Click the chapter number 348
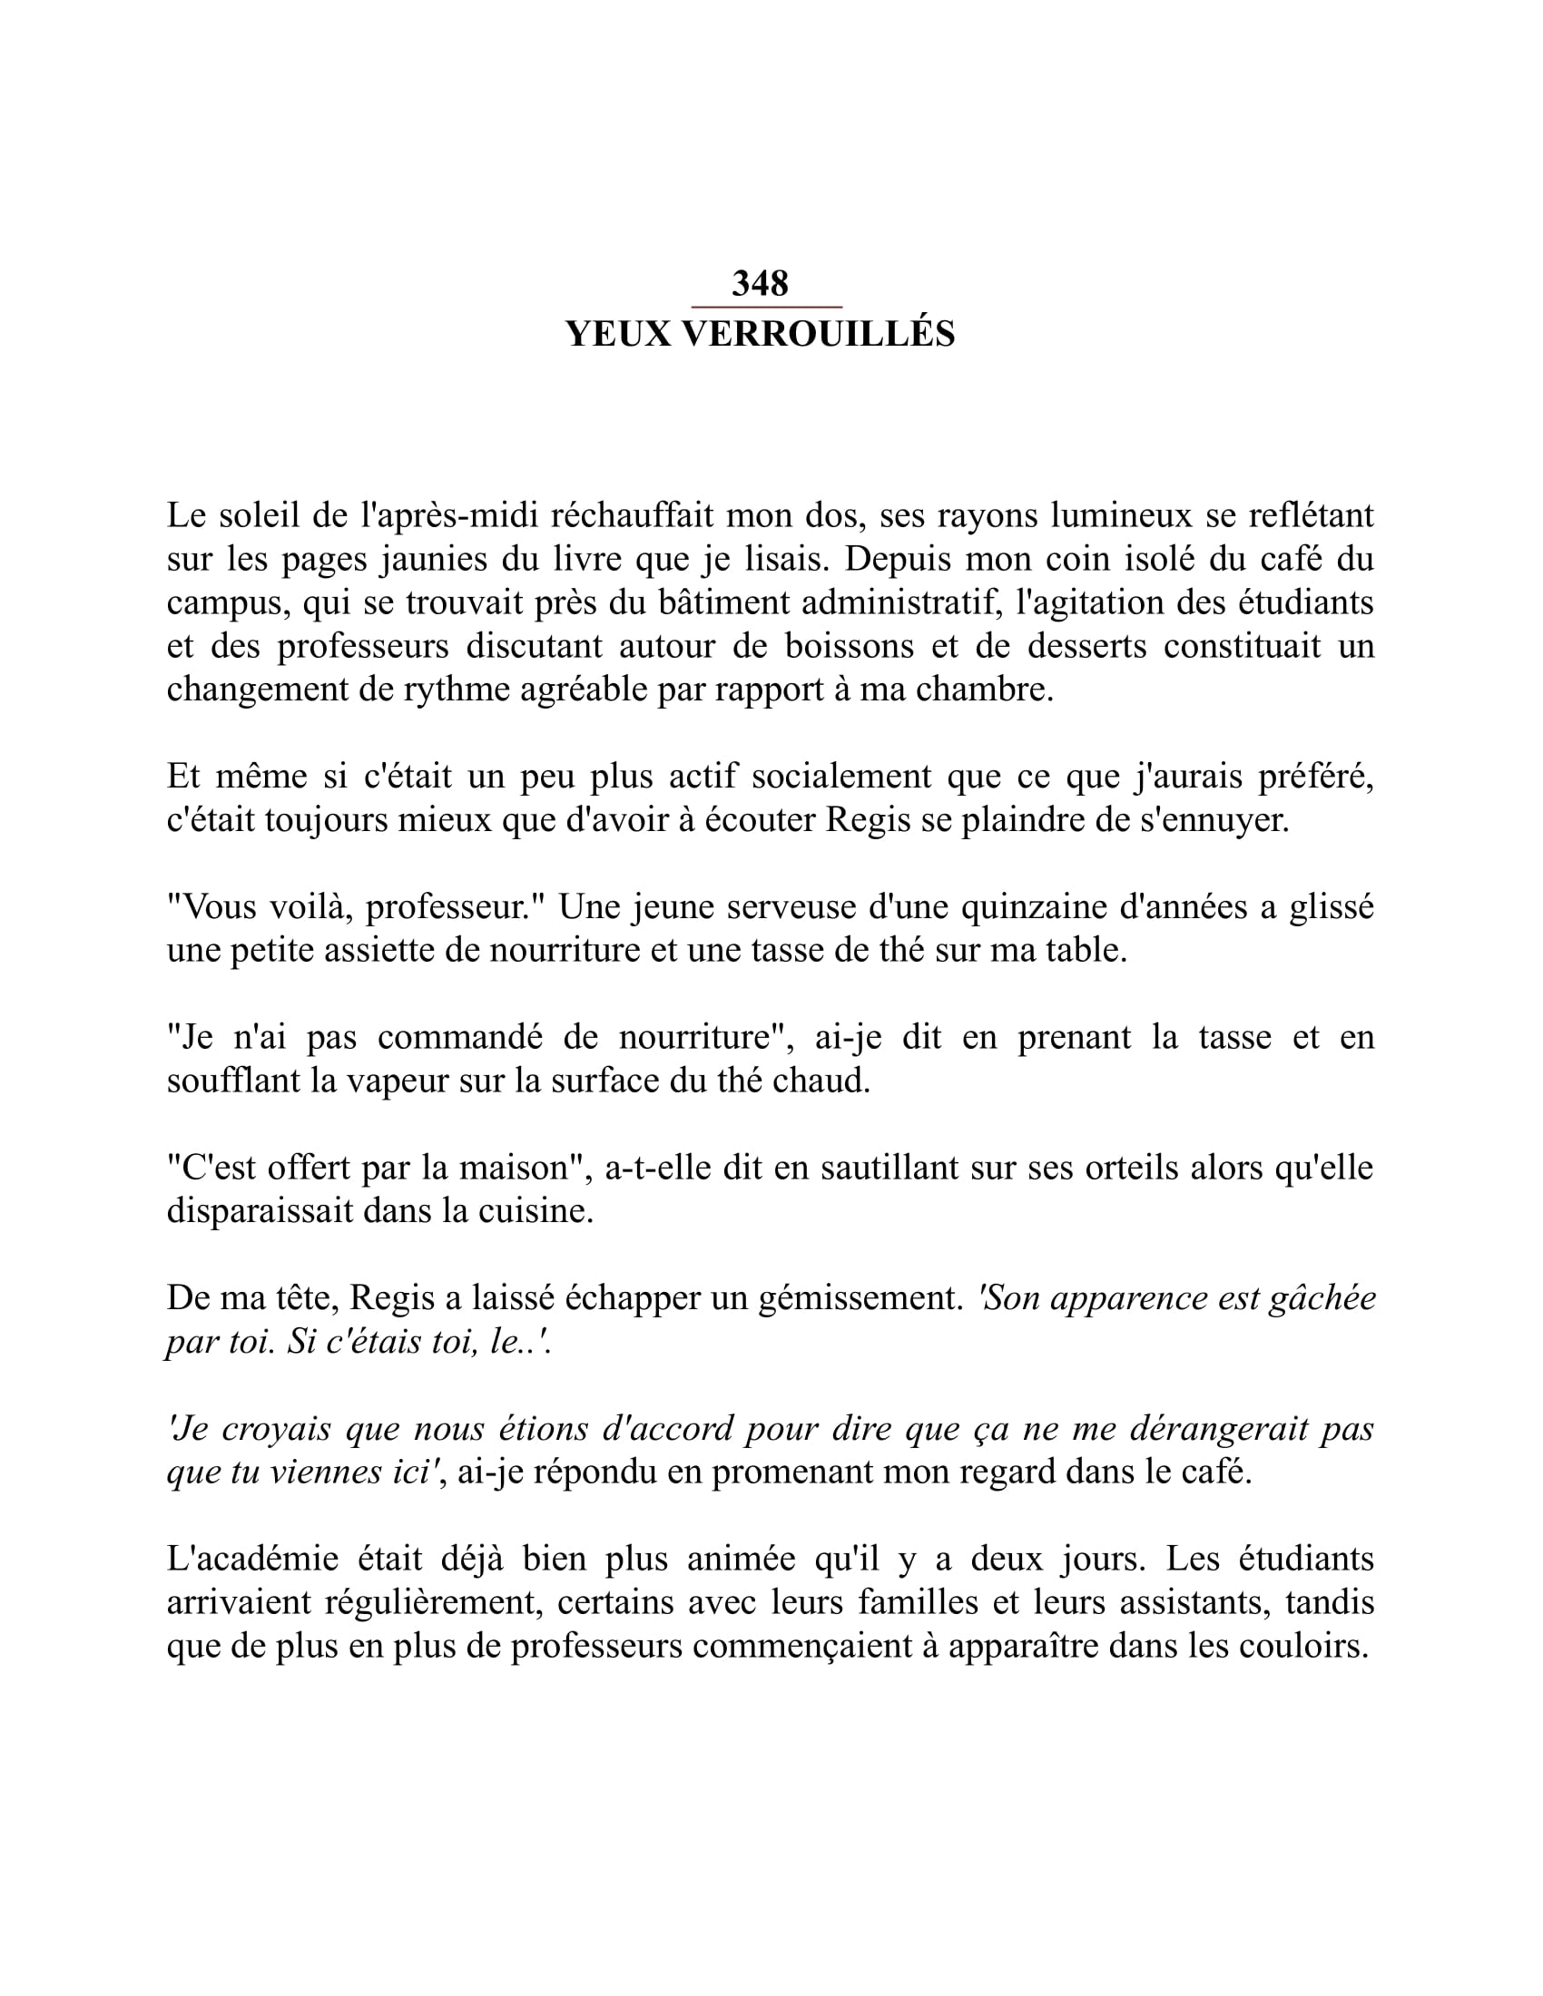point(760,283)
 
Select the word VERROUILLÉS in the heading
point(819,335)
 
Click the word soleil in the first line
point(260,516)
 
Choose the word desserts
point(1085,646)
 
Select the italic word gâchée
point(1322,1298)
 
